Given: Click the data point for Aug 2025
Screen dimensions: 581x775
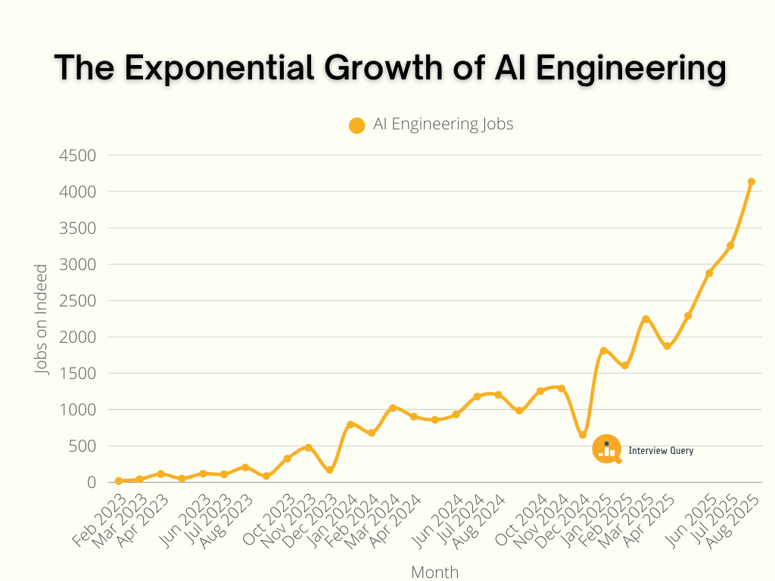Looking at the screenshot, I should (x=752, y=182).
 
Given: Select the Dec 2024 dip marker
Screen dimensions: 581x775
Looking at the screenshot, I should (x=583, y=435).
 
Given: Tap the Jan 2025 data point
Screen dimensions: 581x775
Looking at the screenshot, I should (x=603, y=350).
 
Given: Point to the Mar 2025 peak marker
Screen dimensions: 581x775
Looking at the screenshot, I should (x=646, y=319).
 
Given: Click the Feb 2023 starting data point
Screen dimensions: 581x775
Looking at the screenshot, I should (x=119, y=481).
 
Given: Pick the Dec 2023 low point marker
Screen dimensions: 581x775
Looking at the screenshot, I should (x=330, y=470).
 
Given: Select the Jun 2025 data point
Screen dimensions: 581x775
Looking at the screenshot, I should (x=709, y=273).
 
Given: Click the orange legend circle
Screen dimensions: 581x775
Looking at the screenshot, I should (x=357, y=126).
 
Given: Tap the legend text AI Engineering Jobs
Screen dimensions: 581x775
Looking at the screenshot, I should (x=443, y=125).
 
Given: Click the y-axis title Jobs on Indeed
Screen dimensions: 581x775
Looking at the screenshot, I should (x=42, y=318).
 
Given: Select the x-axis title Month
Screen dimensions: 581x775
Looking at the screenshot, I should (x=434, y=572).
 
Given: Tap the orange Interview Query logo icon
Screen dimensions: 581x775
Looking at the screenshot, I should (x=606, y=449).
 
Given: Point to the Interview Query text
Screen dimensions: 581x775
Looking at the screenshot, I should (x=661, y=451).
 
